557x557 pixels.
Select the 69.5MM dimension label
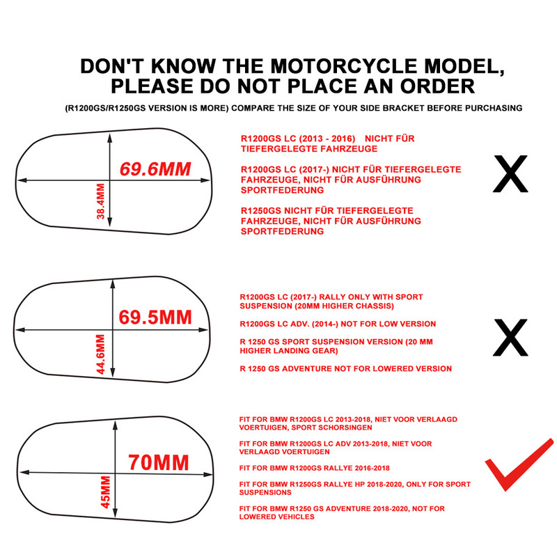155,317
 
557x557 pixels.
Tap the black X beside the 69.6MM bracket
510,174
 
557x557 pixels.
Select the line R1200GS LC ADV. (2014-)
337,324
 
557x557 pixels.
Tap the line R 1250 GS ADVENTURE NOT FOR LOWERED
345,368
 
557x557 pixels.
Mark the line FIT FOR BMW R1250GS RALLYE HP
354,484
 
